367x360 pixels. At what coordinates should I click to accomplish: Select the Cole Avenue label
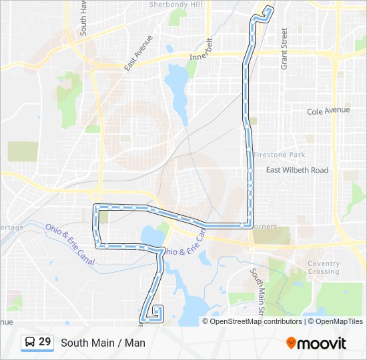click(328, 111)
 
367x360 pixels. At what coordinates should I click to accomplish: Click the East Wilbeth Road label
click(297, 170)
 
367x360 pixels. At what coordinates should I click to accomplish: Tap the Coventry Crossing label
click(324, 267)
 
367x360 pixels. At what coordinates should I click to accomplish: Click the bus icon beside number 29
click(30, 342)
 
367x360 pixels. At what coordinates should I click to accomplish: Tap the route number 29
click(45, 342)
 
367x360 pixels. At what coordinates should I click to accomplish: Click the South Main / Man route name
click(103, 343)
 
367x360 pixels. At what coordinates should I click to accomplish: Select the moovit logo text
click(322, 343)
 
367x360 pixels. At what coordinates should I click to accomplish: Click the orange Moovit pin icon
click(292, 343)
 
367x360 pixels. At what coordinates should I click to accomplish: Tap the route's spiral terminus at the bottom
click(158, 311)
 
